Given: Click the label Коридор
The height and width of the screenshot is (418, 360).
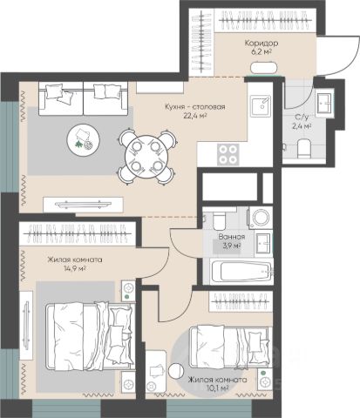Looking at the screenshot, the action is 262,44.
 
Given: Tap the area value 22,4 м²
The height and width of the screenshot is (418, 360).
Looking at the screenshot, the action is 194,116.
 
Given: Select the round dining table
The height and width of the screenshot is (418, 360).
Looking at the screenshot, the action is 146,157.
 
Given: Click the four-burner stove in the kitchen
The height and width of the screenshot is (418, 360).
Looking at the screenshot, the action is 228,154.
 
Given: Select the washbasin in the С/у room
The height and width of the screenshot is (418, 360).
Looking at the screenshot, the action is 324,103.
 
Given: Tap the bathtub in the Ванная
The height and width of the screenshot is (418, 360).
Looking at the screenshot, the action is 241,272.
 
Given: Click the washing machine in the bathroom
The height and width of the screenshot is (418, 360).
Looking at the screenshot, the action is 261,217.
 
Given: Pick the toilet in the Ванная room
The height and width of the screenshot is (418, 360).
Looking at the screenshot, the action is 220,220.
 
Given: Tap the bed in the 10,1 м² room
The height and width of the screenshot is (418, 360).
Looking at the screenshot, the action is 229,347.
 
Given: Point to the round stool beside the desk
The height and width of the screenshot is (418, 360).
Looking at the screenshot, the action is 176,371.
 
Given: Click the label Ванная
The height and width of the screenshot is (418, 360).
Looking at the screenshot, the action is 232,237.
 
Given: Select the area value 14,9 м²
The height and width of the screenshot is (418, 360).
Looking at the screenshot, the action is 75,268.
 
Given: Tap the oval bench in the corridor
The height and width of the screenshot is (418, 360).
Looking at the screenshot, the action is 264,67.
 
